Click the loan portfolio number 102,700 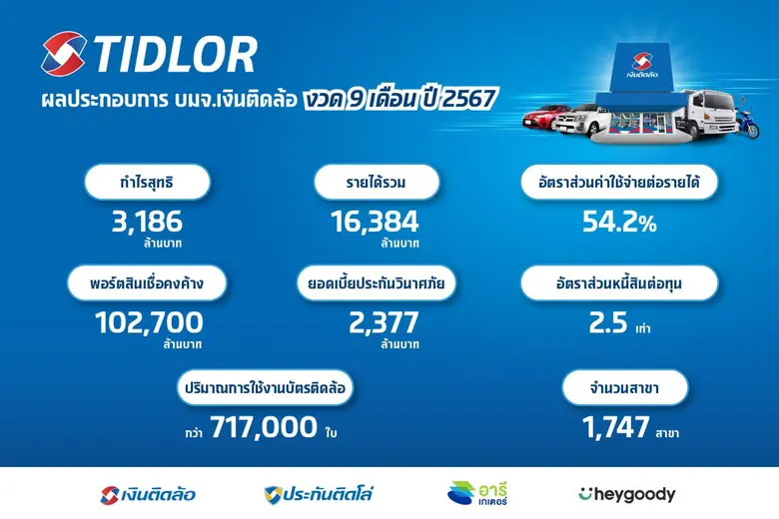pyautogui.click(x=148, y=322)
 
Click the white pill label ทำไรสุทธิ pyautogui.click(x=147, y=183)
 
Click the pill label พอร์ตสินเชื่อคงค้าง pyautogui.click(x=148, y=283)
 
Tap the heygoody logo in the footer pyautogui.click(x=626, y=494)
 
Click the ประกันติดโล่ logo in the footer pyautogui.click(x=319, y=494)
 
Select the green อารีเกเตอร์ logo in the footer pyautogui.click(x=476, y=494)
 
